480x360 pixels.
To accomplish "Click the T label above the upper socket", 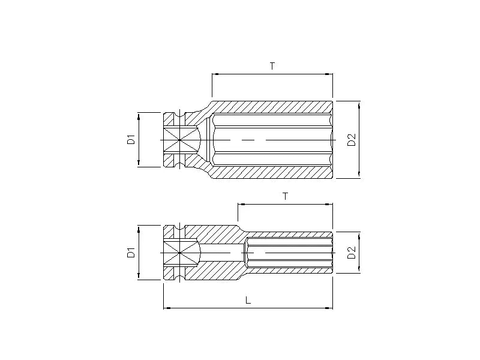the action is (272, 66).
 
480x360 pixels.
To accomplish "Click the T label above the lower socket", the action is (286, 196).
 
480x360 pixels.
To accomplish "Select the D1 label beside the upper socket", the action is (131, 139).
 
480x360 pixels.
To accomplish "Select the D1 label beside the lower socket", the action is (131, 253).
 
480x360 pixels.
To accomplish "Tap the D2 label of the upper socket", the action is (352, 140).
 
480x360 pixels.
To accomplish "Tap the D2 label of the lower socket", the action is (352, 253).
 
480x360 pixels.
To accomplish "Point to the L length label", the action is (248, 300).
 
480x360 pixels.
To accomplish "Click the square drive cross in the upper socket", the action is (179, 140).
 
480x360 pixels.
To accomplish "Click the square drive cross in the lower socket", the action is (179, 253).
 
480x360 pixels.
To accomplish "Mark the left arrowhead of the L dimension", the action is (166, 308).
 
